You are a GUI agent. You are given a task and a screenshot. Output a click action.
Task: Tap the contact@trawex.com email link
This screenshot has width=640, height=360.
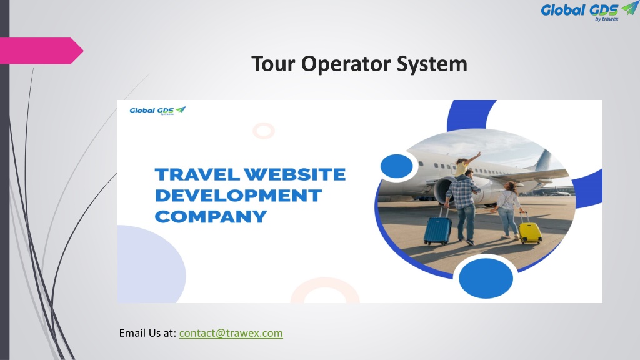pyautogui.click(x=231, y=334)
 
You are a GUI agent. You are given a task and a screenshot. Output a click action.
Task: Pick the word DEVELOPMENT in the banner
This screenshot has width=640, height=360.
pyautogui.click(x=237, y=196)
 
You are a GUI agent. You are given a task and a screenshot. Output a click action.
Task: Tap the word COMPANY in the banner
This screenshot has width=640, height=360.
pyautogui.click(x=211, y=217)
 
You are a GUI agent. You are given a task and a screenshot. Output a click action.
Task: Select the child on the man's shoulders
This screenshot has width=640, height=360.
pyautogui.click(x=464, y=164)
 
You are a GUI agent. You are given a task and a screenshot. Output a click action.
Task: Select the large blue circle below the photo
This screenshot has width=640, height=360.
pyautogui.click(x=486, y=277)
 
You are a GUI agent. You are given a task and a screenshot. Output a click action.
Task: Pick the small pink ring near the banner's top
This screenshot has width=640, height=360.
pyautogui.click(x=264, y=131)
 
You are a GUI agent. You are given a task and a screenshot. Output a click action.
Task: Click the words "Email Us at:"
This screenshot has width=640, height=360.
pyautogui.click(x=147, y=334)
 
